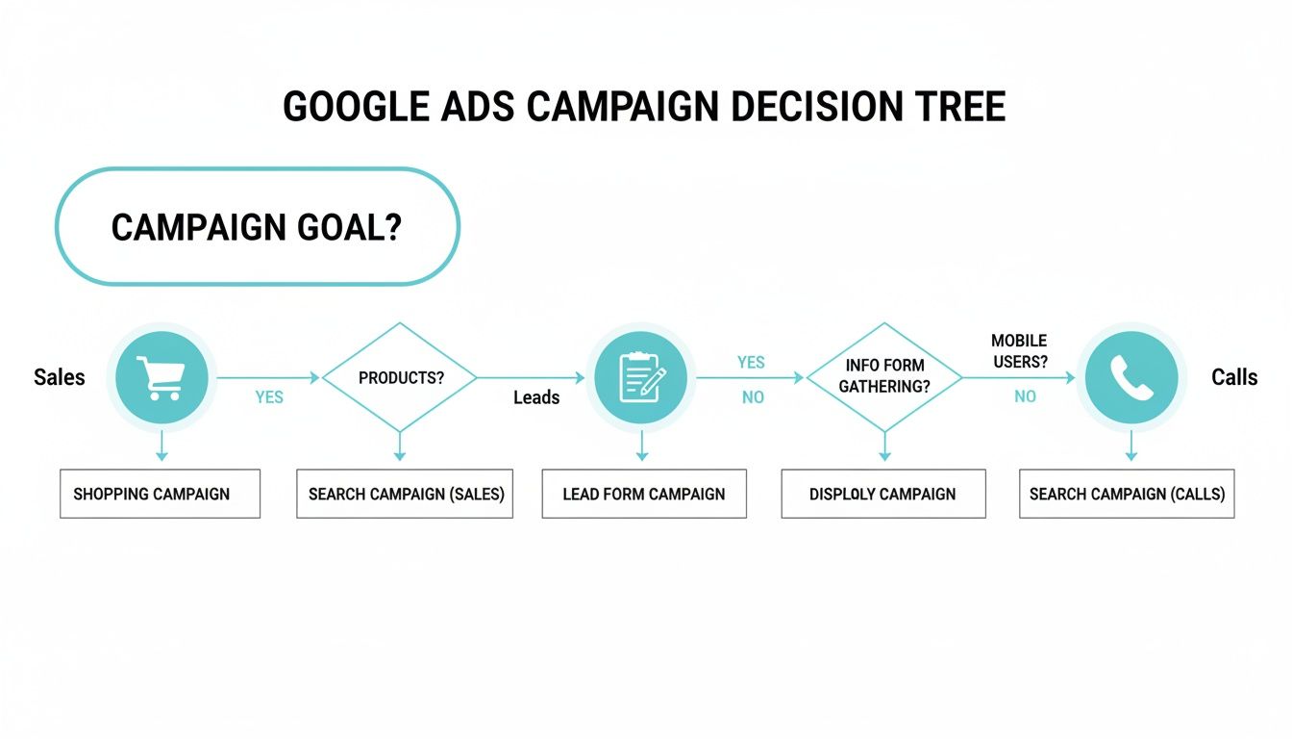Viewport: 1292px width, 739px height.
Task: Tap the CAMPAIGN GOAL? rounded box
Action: click(258, 227)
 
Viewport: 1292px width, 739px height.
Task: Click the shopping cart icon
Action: click(161, 377)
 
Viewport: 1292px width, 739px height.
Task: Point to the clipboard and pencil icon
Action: click(640, 377)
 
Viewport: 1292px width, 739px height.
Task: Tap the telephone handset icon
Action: click(1130, 377)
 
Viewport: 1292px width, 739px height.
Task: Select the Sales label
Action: click(60, 377)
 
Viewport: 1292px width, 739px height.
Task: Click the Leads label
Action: click(536, 396)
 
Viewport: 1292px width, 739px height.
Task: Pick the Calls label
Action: click(1234, 377)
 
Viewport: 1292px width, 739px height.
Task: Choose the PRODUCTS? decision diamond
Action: click(400, 378)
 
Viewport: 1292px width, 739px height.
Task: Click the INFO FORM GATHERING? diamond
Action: click(884, 376)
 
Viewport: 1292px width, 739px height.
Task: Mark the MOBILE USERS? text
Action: click(1019, 351)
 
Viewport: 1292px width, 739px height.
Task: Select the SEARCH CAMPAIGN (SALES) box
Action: click(405, 495)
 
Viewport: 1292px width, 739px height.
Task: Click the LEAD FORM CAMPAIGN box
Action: click(644, 495)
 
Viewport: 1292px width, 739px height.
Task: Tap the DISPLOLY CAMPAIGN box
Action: click(882, 495)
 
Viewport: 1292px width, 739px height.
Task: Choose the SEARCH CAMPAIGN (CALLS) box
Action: click(1127, 495)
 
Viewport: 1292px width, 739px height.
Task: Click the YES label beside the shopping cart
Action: click(269, 396)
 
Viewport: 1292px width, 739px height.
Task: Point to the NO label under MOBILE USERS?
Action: click(1025, 396)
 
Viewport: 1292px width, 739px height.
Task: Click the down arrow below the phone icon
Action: click(1131, 446)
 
